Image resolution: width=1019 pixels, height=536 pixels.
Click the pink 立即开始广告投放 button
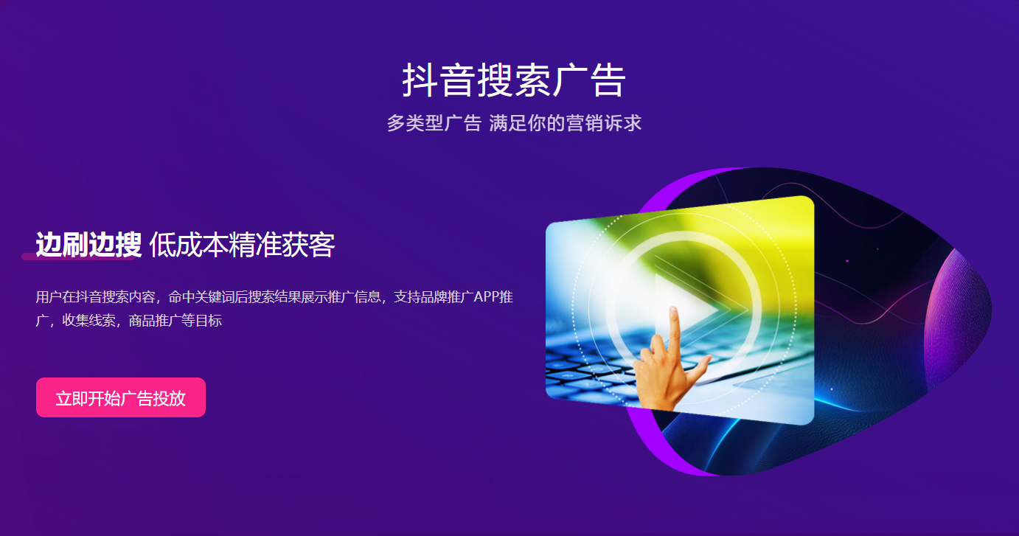(120, 397)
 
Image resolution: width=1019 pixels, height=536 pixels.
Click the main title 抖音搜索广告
(514, 80)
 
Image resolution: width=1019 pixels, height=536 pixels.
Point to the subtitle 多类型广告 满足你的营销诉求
(514, 123)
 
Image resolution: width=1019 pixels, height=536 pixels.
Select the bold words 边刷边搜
(88, 245)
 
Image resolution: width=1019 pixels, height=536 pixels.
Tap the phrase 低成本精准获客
(242, 245)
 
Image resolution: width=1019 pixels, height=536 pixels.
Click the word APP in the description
(487, 297)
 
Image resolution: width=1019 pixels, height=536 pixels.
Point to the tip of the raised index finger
(673, 310)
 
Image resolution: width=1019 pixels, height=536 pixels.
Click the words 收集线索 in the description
(88, 320)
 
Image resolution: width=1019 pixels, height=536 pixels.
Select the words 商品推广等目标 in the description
(175, 320)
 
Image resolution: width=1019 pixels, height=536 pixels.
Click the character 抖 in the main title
(420, 80)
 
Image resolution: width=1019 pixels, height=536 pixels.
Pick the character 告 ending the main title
(608, 80)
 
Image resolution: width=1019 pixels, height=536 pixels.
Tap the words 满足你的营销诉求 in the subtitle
(566, 123)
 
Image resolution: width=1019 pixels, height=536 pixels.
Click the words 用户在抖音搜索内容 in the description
(95, 297)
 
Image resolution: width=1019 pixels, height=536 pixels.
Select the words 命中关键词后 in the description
(208, 297)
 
